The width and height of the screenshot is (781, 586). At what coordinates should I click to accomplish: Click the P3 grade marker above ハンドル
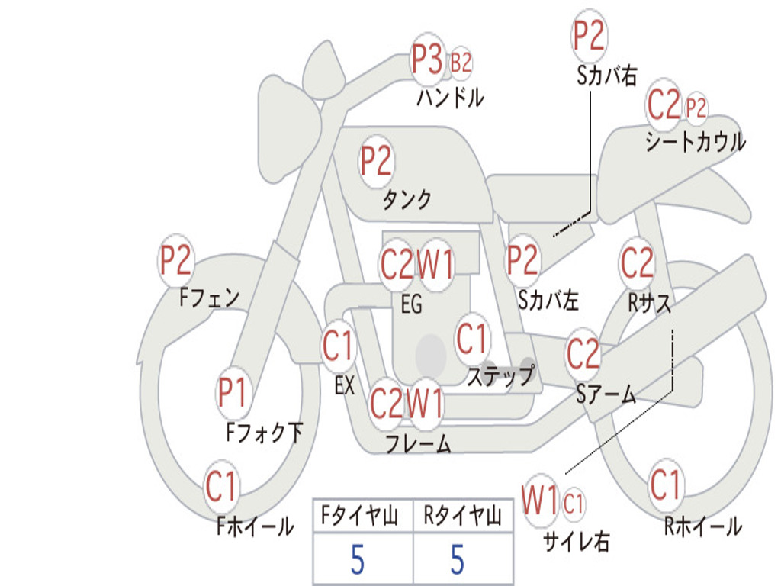(x=428, y=60)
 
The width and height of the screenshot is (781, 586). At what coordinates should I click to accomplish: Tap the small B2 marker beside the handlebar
(x=461, y=63)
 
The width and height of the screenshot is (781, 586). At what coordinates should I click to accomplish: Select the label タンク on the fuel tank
(x=407, y=200)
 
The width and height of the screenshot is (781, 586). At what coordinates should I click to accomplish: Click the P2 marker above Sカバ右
(x=589, y=36)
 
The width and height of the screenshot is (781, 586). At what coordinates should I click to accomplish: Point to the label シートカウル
(x=695, y=142)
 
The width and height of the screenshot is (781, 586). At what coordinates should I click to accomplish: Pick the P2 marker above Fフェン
(x=175, y=260)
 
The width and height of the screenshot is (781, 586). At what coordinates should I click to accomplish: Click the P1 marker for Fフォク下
(x=232, y=392)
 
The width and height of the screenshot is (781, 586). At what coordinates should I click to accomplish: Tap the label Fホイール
(x=255, y=526)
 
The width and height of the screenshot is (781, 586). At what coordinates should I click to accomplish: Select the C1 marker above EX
(x=338, y=346)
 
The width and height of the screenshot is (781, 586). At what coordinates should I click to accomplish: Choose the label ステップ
(x=500, y=376)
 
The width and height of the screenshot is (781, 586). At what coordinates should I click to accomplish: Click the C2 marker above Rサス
(x=637, y=262)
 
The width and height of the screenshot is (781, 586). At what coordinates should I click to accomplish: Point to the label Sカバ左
(x=548, y=301)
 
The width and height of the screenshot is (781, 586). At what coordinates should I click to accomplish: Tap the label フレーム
(x=418, y=443)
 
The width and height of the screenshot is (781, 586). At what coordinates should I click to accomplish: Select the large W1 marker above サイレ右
(x=540, y=501)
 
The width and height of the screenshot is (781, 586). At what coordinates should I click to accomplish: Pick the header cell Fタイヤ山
(x=363, y=517)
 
